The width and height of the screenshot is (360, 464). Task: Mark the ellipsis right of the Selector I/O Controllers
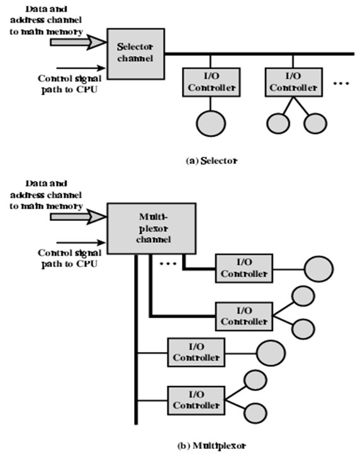pos(341,84)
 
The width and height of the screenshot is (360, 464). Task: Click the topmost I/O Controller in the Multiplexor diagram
pos(244,268)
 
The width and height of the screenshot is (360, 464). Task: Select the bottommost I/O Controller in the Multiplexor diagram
pos(195,399)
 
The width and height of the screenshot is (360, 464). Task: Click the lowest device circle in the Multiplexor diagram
pos(254,414)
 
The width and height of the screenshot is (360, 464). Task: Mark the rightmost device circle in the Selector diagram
pos(316,123)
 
